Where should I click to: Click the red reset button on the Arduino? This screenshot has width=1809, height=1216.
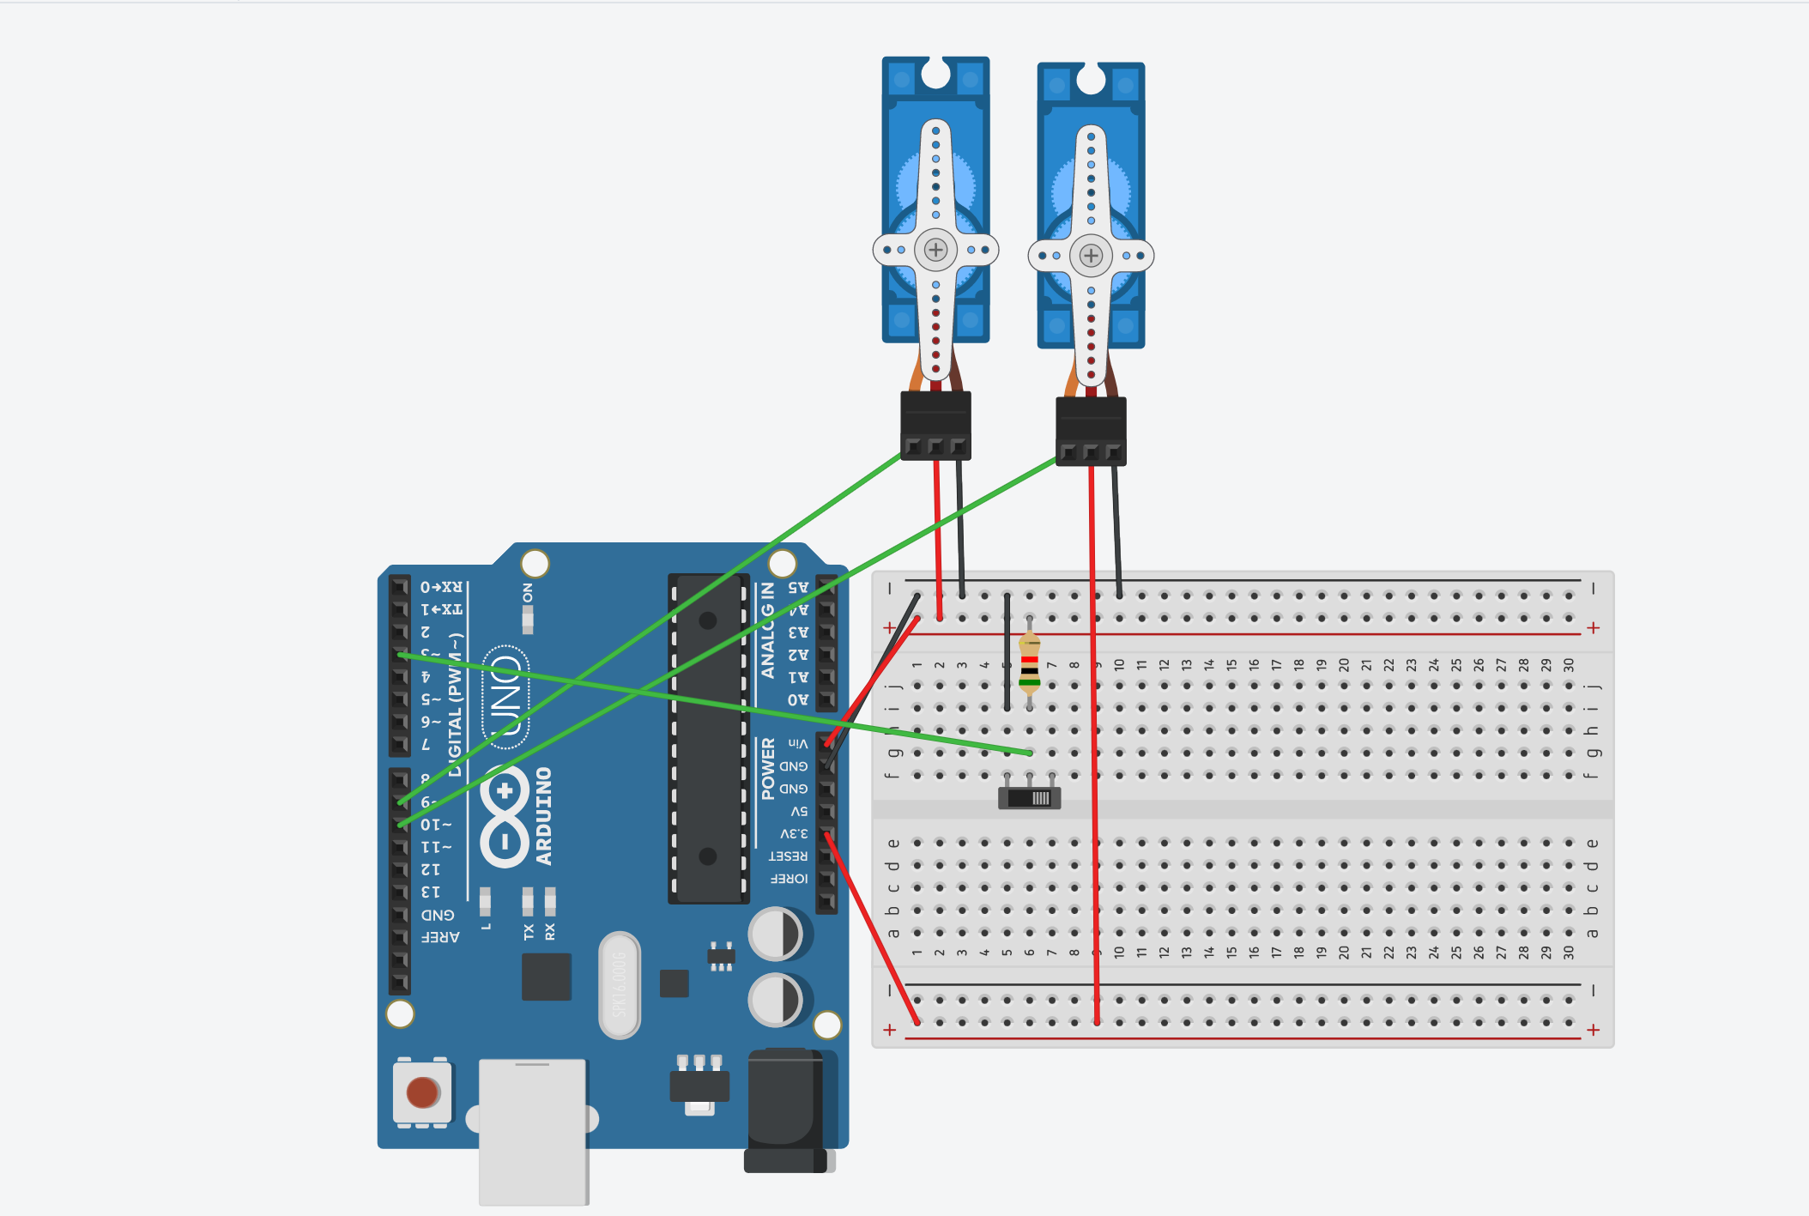coord(421,1092)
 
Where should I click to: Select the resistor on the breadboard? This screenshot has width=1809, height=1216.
coord(1029,663)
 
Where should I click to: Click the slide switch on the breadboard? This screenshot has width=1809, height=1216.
coord(1029,798)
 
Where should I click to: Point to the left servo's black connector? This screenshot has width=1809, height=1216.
coord(935,424)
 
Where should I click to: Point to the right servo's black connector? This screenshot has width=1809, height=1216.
coord(1090,430)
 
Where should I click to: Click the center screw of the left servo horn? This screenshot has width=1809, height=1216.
coord(935,250)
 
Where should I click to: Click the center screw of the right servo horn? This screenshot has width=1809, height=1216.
coord(1091,255)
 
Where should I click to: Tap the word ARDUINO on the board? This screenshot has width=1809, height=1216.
coord(544,815)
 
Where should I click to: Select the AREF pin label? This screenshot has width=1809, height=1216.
coord(440,937)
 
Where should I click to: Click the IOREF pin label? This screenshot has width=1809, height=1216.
coord(789,879)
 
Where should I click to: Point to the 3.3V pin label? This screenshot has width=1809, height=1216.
coord(794,833)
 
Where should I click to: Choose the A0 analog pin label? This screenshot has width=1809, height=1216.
coord(798,699)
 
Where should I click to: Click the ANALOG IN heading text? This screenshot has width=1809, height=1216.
coord(768,630)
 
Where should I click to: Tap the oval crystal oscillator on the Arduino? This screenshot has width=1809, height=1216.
coord(620,984)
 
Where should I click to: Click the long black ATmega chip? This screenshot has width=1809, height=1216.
coord(708,738)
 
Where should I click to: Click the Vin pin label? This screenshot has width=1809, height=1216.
coord(798,743)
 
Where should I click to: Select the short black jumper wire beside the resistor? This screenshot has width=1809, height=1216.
coord(1007,652)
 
